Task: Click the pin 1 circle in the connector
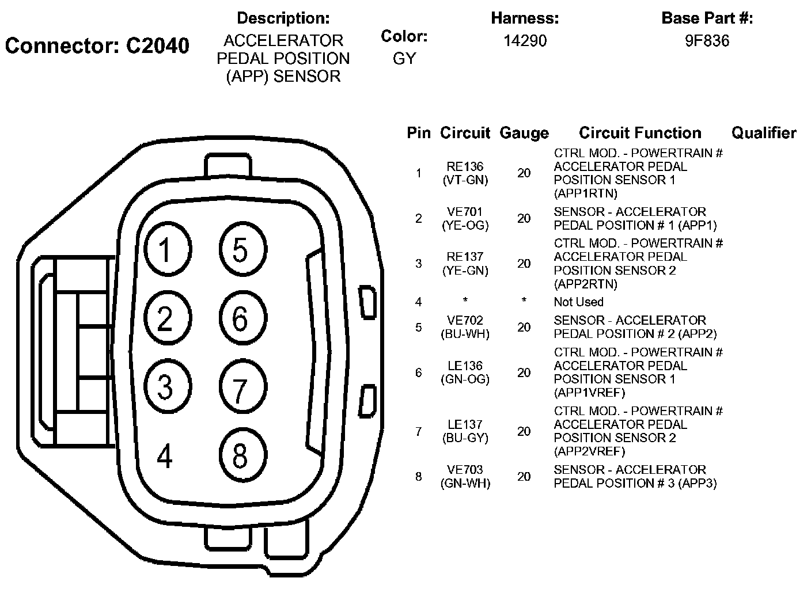click(x=166, y=250)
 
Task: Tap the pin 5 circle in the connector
click(x=241, y=250)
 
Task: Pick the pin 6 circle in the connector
click(x=241, y=318)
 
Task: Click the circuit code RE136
click(x=465, y=166)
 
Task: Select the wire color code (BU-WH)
click(x=465, y=334)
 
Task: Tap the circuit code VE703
click(x=465, y=470)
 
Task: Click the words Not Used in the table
click(x=578, y=302)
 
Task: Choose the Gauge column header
click(x=524, y=133)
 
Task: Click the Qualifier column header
click(x=763, y=133)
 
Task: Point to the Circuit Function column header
click(x=640, y=133)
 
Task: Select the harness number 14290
click(x=525, y=41)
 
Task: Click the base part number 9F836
click(x=707, y=41)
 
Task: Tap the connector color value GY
click(x=404, y=59)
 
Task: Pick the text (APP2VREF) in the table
click(x=589, y=451)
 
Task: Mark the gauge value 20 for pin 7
click(x=524, y=431)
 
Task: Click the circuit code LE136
click(x=465, y=366)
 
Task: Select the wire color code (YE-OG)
click(x=465, y=226)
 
